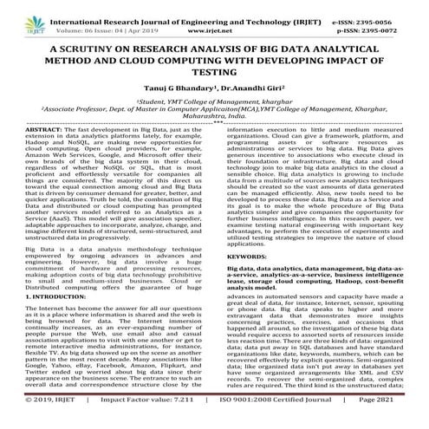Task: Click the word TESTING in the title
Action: (x=214, y=77)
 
